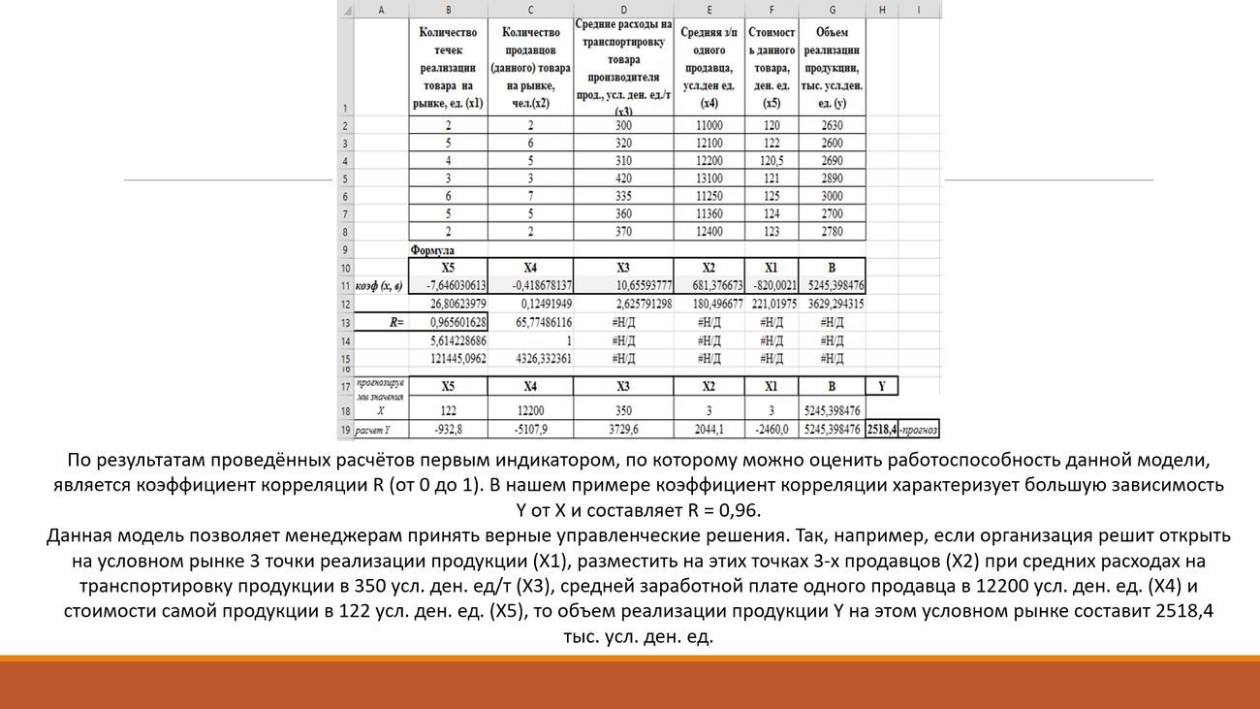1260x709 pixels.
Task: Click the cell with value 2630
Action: pyautogui.click(x=832, y=125)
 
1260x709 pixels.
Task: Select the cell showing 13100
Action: pyautogui.click(x=709, y=178)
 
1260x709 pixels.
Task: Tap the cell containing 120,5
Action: pyautogui.click(x=771, y=161)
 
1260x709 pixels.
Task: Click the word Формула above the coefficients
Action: pyautogui.click(x=431, y=250)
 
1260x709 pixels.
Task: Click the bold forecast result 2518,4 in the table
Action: pyautogui.click(x=881, y=429)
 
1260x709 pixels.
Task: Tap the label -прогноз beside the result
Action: pyautogui.click(x=919, y=429)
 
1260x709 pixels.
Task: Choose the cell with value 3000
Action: pyautogui.click(x=832, y=196)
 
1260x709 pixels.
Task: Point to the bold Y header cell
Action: pyautogui.click(x=881, y=386)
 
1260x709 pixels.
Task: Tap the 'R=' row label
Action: pyautogui.click(x=396, y=322)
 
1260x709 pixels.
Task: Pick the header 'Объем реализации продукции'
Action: pyautogui.click(x=832, y=67)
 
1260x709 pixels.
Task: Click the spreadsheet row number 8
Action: pyautogui.click(x=346, y=232)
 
